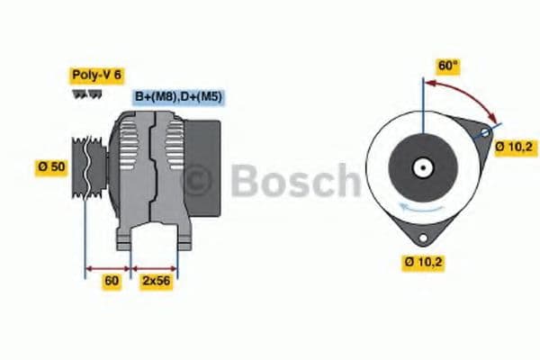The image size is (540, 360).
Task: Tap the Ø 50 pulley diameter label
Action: coord(51,166)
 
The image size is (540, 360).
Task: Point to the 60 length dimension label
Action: coord(112,282)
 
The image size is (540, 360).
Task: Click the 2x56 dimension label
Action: coord(157,282)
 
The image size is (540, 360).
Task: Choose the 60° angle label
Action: coord(447,66)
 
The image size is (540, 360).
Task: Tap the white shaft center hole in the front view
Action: coord(421,167)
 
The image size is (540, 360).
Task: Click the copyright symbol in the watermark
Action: coord(199,180)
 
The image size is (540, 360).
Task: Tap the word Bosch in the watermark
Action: coord(292,180)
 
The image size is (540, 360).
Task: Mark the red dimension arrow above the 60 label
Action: coord(108,267)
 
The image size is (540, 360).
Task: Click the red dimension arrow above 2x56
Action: coord(155,267)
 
